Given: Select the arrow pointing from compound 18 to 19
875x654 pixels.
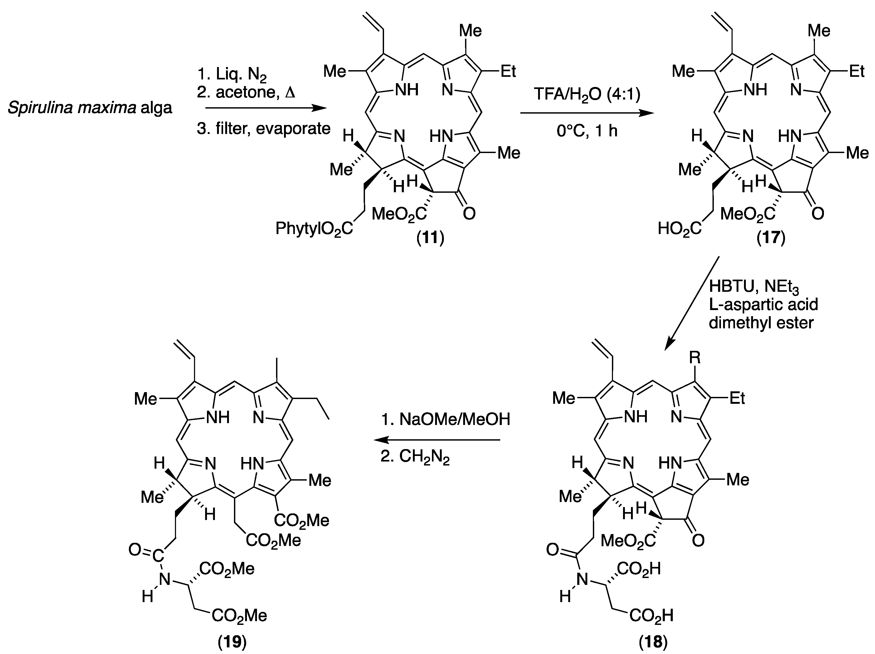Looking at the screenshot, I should [437, 440].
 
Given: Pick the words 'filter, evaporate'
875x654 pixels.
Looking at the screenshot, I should [273, 129].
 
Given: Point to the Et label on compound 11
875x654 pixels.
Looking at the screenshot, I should [508, 71].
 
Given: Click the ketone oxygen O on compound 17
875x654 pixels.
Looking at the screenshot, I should [818, 214].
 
